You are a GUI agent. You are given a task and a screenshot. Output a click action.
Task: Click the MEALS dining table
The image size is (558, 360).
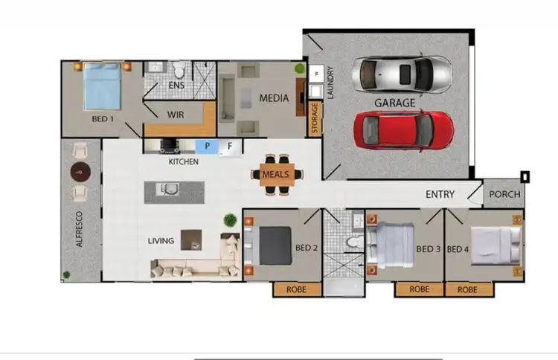point(278,174)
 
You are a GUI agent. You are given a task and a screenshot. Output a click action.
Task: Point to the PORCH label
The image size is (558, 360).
point(503,194)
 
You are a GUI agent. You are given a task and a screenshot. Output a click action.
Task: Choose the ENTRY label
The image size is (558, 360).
point(440,195)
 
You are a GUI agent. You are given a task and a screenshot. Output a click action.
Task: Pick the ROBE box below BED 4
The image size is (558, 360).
point(467,289)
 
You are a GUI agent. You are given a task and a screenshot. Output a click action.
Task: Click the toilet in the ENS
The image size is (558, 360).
point(179,70)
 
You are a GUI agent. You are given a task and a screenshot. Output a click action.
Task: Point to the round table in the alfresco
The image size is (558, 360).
point(80,173)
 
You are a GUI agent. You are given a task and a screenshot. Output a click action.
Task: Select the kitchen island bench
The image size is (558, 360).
point(173,191)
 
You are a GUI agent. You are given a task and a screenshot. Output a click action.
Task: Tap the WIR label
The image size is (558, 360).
point(176,115)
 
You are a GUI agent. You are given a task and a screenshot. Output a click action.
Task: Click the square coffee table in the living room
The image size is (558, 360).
point(191,238)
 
